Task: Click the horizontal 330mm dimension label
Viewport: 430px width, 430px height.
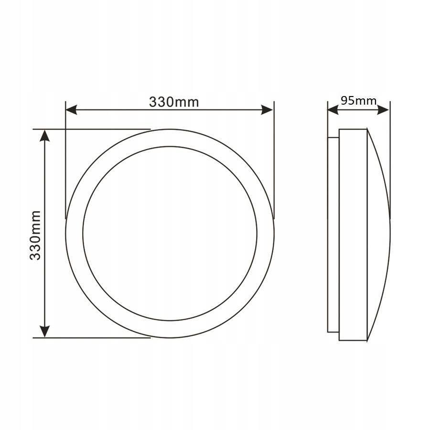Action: coord(174,102)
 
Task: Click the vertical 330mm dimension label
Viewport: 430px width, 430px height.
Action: coord(35,235)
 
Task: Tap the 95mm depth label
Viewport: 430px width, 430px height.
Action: coord(359,101)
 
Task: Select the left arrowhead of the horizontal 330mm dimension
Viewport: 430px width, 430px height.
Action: coord(72,110)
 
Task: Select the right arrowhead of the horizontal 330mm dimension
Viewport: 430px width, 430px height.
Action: coord(267,110)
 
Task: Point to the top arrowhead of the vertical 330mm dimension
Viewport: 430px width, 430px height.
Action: coord(45,136)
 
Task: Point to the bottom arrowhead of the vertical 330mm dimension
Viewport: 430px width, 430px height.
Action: coord(45,331)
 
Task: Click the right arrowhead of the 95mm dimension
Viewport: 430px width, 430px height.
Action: coord(383,110)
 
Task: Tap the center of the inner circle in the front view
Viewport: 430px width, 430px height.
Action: coord(170,233)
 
